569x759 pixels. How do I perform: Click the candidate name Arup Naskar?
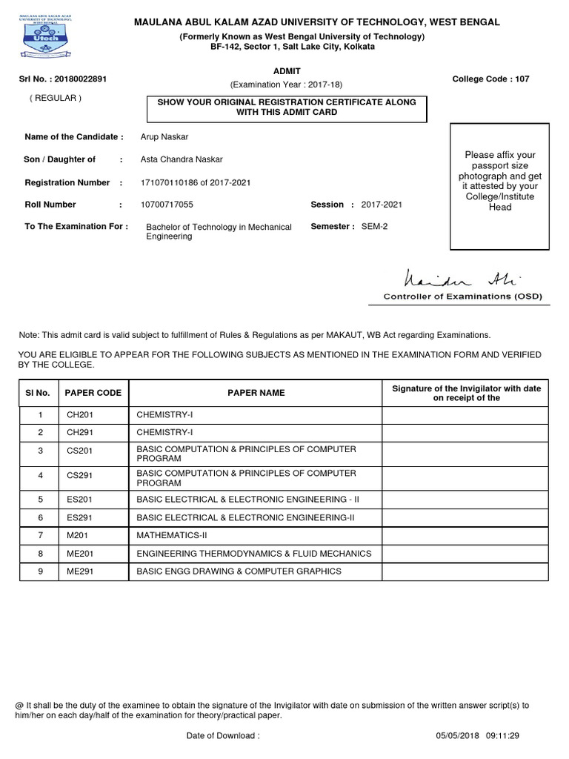coord(164,136)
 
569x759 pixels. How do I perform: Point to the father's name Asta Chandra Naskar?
coord(181,159)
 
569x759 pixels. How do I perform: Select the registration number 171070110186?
coord(166,182)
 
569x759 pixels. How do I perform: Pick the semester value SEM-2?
coord(374,227)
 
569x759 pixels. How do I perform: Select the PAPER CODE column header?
coord(93,393)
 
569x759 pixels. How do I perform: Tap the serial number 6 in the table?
coord(41,517)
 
